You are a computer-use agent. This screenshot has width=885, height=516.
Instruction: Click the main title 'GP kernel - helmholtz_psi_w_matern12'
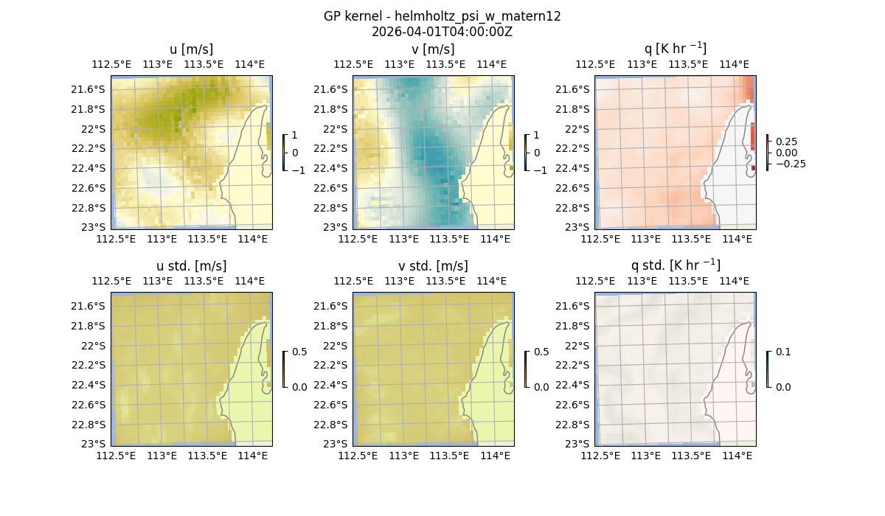point(442,16)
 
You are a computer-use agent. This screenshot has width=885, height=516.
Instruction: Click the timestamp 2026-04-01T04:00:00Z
point(442,32)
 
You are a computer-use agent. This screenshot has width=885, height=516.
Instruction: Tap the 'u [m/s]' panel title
point(191,49)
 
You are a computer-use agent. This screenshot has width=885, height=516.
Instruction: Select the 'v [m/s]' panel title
point(433,49)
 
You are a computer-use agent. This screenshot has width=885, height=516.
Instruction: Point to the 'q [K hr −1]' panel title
point(675,49)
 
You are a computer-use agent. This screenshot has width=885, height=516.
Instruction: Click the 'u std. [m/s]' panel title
point(191,266)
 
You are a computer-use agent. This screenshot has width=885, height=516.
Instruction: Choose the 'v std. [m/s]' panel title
point(433,266)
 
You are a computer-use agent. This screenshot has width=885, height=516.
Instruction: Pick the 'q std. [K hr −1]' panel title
point(675,265)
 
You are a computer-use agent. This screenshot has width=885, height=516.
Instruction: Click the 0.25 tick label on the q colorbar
point(787,142)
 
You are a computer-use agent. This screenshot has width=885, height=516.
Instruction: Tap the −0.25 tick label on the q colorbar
point(790,164)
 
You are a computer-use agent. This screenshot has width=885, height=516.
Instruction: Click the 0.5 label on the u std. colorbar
point(299,352)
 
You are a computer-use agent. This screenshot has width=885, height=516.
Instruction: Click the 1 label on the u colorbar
point(295,136)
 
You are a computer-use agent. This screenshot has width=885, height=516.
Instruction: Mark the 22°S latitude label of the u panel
point(94,129)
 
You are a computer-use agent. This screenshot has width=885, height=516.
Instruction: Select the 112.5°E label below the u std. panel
point(117,456)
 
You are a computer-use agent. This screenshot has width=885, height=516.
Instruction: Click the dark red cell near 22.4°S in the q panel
point(753,168)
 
